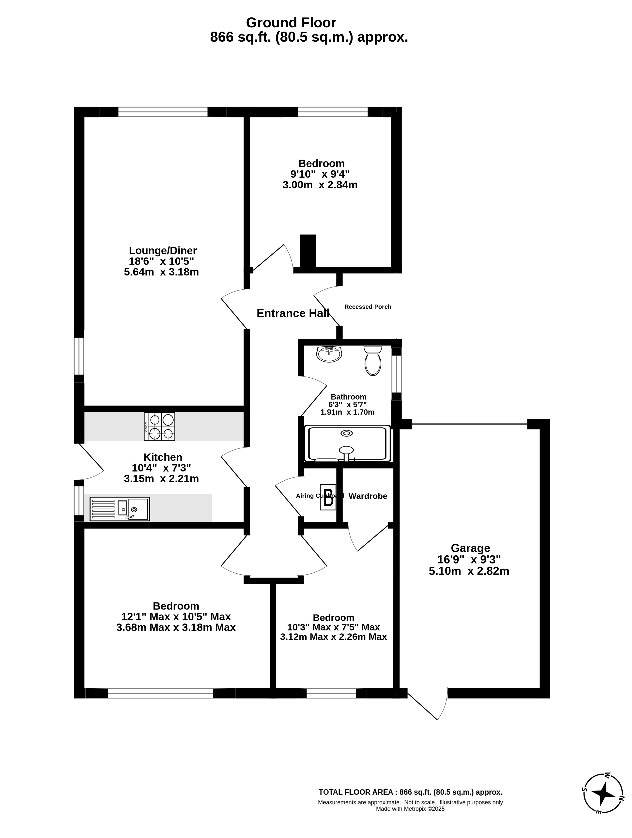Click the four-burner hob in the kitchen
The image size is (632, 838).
(159, 427)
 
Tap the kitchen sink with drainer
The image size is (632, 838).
(120, 509)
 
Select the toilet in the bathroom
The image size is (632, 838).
(373, 360)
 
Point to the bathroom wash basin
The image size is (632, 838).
(329, 354)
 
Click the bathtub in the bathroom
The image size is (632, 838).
(347, 444)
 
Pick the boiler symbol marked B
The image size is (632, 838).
(328, 497)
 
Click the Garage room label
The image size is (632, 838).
(470, 548)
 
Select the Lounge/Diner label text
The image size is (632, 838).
(163, 250)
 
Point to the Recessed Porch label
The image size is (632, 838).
(368, 307)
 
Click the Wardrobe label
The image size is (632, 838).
(368, 496)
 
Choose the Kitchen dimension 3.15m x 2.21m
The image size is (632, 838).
(161, 479)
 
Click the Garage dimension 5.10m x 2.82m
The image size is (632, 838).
(469, 571)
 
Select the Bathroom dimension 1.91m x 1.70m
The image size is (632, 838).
(347, 412)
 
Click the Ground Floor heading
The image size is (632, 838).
(291, 23)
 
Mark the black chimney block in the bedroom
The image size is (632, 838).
(308, 251)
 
